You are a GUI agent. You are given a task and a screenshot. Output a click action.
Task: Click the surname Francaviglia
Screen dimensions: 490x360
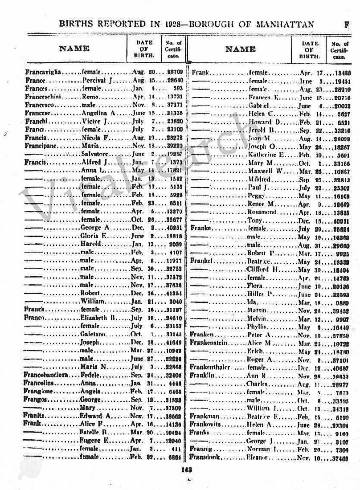tap(42, 72)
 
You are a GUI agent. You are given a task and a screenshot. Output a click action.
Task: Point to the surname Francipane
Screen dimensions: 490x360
tap(40, 146)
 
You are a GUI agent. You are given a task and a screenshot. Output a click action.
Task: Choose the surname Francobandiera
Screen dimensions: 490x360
tap(45, 375)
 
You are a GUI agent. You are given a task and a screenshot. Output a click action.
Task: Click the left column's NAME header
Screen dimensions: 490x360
tap(74, 49)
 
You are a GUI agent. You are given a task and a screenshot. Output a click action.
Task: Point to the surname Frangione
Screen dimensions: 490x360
tap(39, 392)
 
